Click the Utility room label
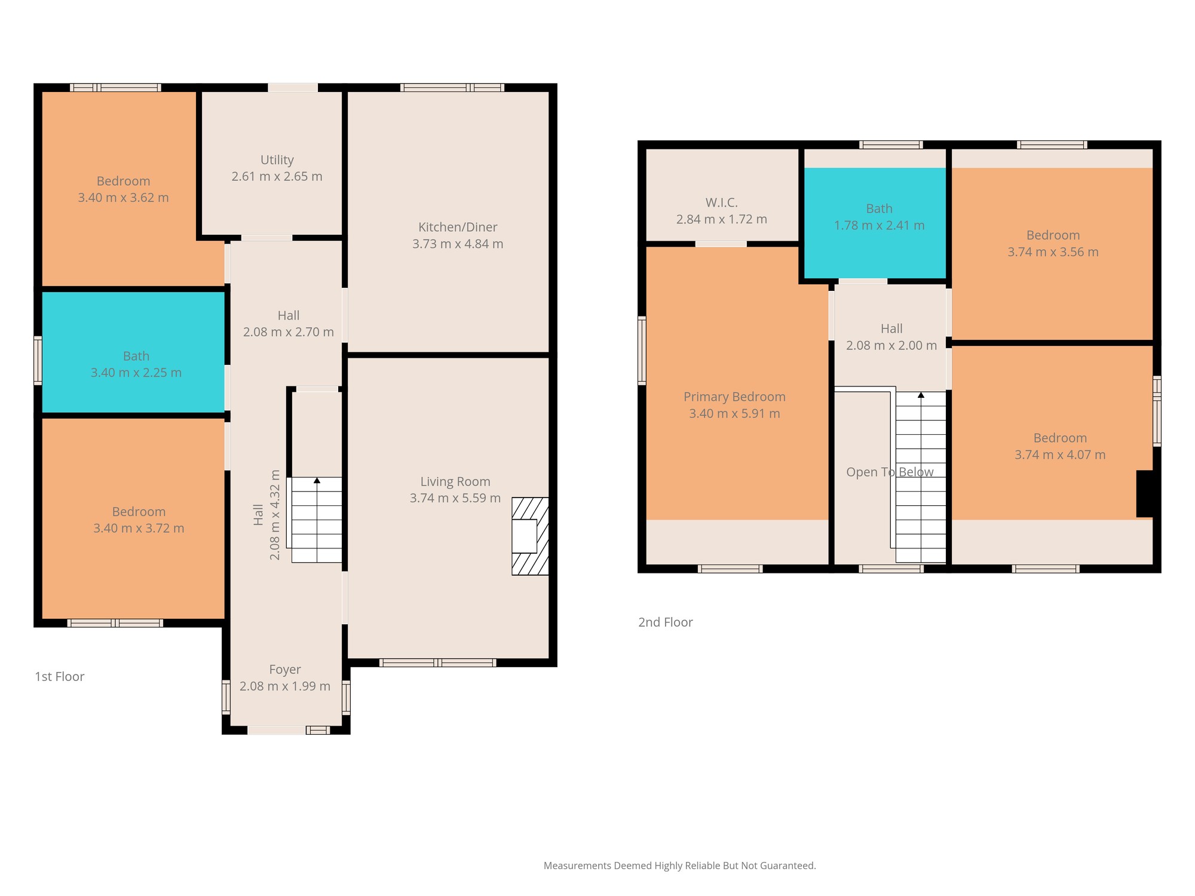pos(277,160)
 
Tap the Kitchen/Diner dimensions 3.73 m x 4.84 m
pos(458,244)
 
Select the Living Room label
pos(455,481)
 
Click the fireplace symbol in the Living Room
pos(530,536)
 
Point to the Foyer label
pos(285,670)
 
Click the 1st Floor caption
pos(60,676)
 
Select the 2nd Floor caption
pos(666,622)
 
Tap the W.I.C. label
pos(722,202)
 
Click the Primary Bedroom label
pos(734,397)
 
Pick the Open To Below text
pos(890,472)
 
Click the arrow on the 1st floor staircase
pos(317,480)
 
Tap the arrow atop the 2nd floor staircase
pos(921,395)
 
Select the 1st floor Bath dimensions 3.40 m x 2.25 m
pos(136,373)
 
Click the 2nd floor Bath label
pos(880,208)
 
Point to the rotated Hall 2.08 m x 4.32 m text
pos(266,514)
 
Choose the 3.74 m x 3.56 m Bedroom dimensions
pos(1053,252)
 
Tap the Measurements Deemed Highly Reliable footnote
pos(680,866)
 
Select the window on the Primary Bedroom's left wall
pos(642,350)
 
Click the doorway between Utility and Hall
pos(267,238)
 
